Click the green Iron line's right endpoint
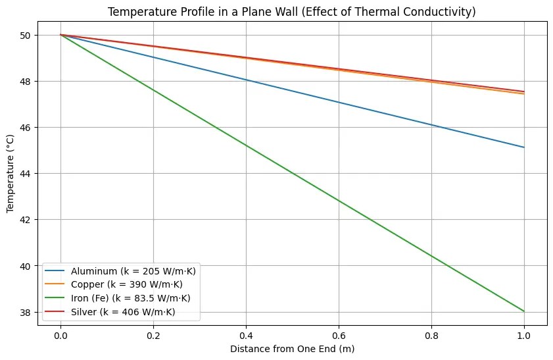pos(524,311)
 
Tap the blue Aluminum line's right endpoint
pos(524,147)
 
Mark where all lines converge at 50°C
pos(60,35)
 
